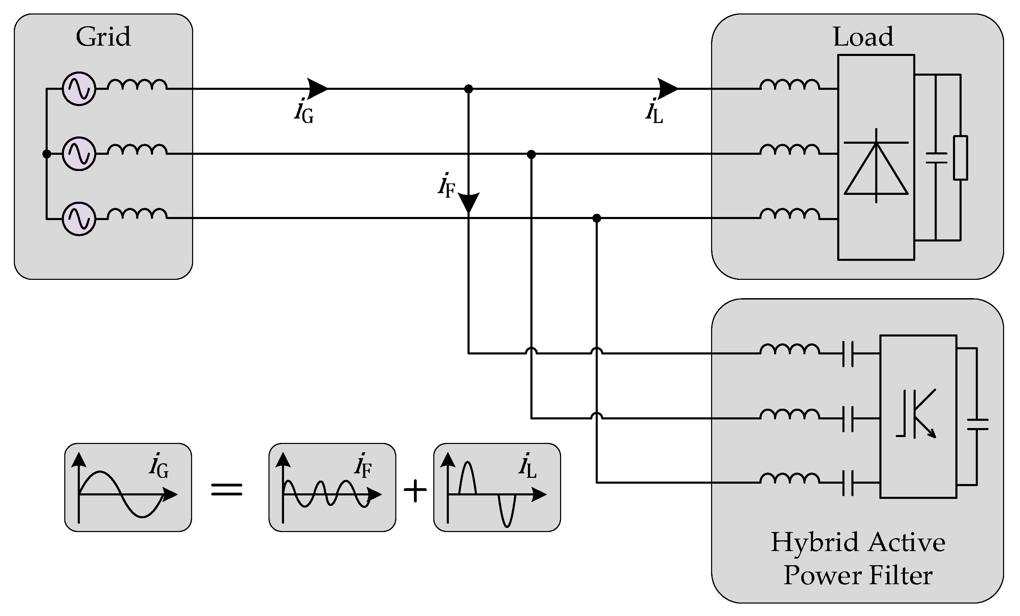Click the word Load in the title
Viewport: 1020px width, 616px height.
tap(863, 37)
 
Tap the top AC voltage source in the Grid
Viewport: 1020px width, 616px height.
tap(79, 88)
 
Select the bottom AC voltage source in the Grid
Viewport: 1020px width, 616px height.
tap(79, 219)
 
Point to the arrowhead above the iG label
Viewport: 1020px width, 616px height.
tap(317, 88)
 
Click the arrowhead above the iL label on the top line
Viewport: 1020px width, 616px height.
tap(667, 88)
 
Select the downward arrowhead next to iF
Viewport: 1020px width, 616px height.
tap(469, 202)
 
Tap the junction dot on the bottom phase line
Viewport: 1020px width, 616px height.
tap(596, 218)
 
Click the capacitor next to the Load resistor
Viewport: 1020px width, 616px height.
tap(936, 158)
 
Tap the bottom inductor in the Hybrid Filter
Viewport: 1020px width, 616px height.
tap(790, 478)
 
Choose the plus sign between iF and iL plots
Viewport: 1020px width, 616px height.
tap(415, 491)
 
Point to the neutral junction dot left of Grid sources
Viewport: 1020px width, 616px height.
tap(47, 154)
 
